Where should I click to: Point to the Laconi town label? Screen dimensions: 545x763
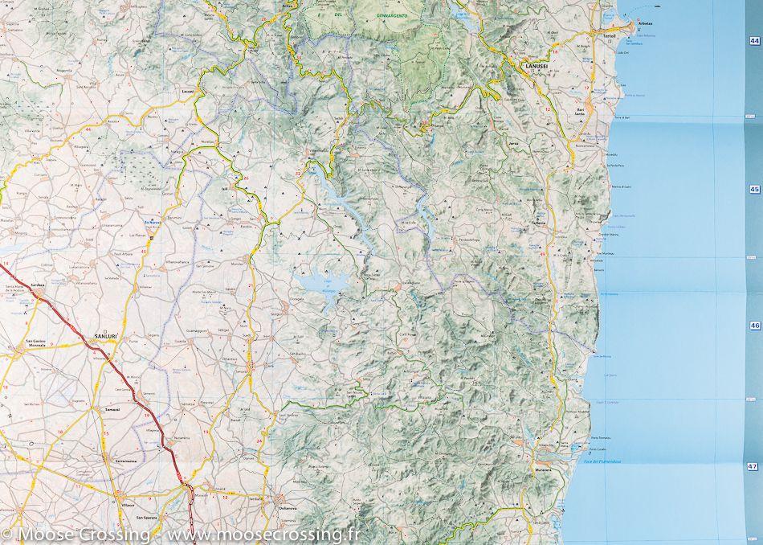[x=188, y=92]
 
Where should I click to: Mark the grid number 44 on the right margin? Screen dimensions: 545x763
[x=753, y=40]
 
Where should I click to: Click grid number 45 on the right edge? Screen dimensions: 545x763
[x=753, y=190]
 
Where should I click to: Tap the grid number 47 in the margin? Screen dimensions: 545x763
[x=753, y=466]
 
